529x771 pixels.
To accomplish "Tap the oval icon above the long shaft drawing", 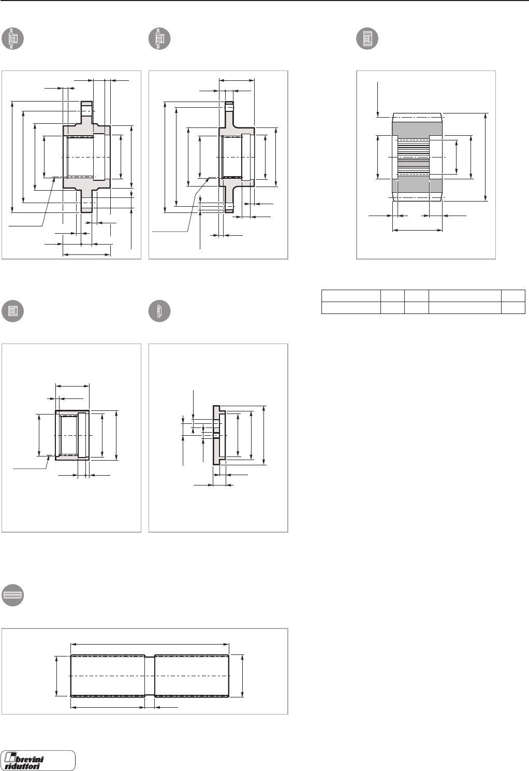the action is point(13,596).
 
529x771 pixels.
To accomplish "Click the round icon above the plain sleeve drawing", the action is point(13,311).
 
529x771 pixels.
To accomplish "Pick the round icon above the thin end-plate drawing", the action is point(159,311).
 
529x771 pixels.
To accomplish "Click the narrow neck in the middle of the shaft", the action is point(150,676).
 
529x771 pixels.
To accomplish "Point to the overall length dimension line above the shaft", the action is point(150,644).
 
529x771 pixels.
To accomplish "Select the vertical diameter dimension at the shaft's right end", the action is point(242,676).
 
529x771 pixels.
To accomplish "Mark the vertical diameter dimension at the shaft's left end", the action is point(56,676).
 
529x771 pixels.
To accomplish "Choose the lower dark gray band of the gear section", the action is point(417,185).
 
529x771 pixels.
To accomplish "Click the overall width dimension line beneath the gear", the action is point(417,229).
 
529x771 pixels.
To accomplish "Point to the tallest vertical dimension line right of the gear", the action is point(486,156).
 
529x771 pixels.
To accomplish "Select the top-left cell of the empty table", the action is point(350,295).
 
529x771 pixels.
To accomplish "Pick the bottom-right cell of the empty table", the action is point(513,307).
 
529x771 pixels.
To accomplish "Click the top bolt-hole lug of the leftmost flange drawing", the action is point(86,109).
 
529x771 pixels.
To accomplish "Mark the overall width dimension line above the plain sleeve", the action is point(72,386).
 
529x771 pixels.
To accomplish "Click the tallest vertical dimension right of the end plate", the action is point(264,435).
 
